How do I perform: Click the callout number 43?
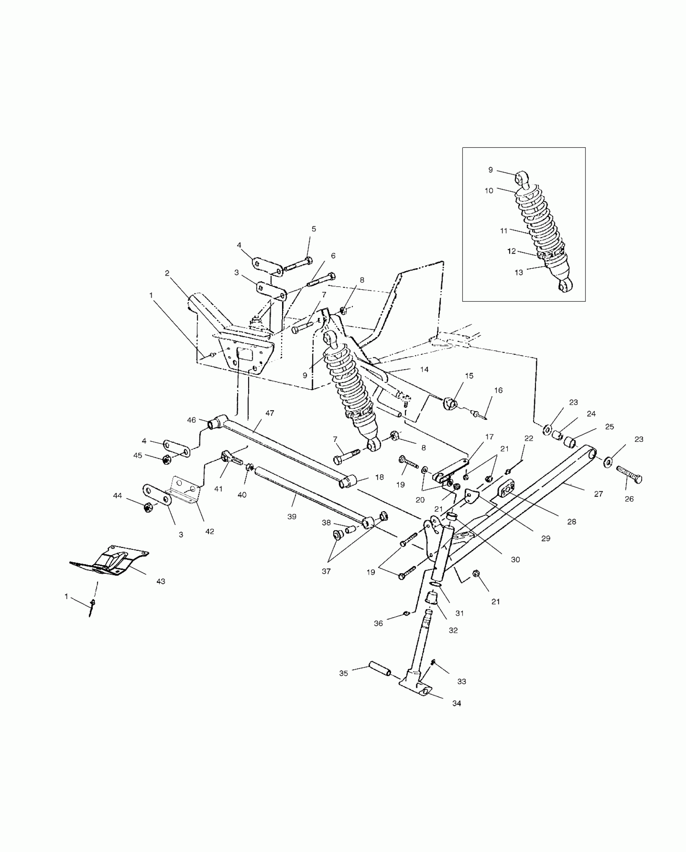[161, 581]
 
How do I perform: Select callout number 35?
[343, 673]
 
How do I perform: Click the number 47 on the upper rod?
[270, 413]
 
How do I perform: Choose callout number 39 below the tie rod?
[292, 516]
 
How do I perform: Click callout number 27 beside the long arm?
[598, 493]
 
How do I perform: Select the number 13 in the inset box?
[519, 272]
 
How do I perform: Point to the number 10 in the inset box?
[489, 190]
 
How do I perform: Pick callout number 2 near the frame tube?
[167, 273]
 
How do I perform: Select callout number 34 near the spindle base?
[456, 703]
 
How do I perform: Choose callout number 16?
[498, 390]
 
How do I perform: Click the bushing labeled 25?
[570, 441]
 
